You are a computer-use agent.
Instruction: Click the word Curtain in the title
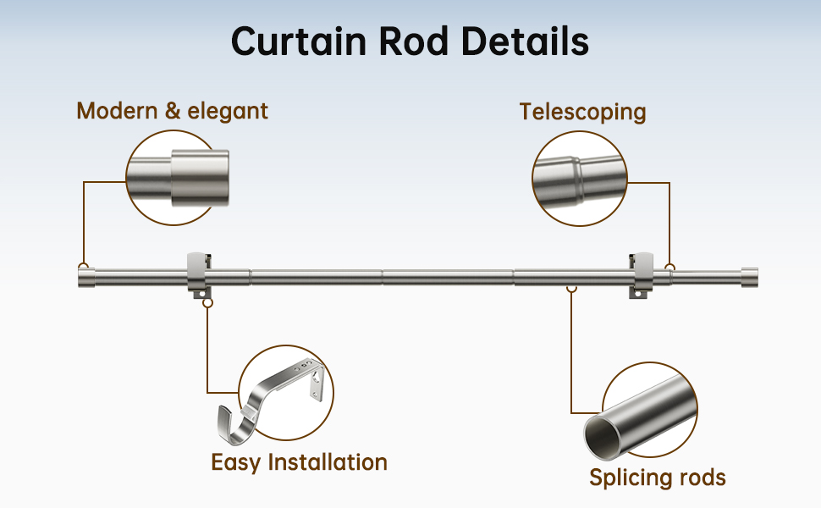(x=299, y=41)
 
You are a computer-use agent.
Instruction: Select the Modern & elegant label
(x=173, y=112)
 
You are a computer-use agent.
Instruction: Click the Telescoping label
(x=583, y=113)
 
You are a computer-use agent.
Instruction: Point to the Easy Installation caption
(x=299, y=463)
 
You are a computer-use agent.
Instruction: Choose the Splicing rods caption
(x=658, y=478)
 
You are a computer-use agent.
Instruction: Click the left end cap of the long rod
(x=86, y=277)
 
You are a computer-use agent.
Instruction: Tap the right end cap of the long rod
(x=749, y=277)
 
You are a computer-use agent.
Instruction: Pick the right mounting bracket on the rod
(x=641, y=275)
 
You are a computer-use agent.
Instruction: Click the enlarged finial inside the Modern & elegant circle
(x=200, y=178)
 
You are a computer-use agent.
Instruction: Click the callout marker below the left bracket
(x=208, y=303)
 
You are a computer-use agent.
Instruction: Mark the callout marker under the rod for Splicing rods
(x=572, y=288)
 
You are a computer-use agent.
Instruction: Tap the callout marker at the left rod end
(x=83, y=266)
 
